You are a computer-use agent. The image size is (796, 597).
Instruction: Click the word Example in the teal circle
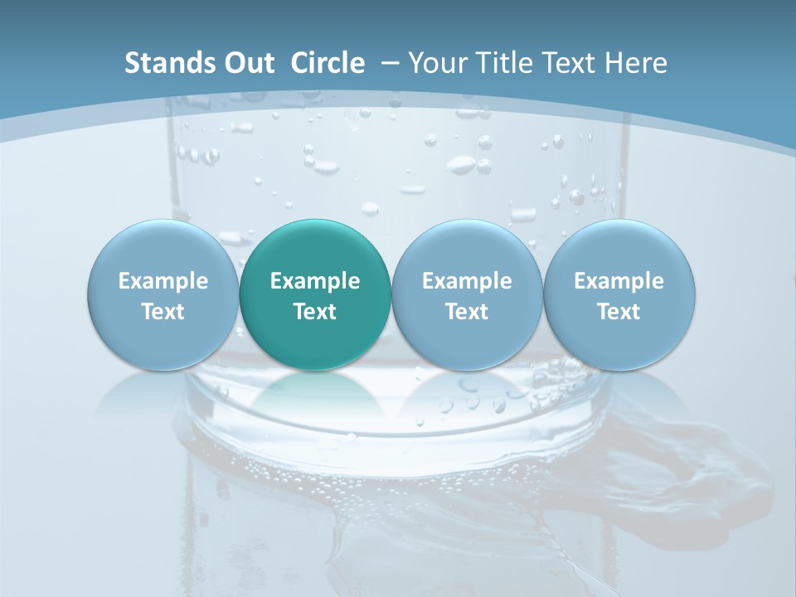pyautogui.click(x=315, y=281)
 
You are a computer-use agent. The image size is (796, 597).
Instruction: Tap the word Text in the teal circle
pyautogui.click(x=315, y=312)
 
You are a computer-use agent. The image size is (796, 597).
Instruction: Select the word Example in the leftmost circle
pyautogui.click(x=163, y=281)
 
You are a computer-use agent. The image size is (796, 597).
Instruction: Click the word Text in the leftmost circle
pyautogui.click(x=163, y=312)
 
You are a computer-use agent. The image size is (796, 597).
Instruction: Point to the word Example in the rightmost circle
pyautogui.click(x=619, y=281)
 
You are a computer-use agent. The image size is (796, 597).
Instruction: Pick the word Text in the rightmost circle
pyautogui.click(x=619, y=312)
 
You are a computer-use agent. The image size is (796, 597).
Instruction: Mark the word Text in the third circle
pyautogui.click(x=467, y=312)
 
